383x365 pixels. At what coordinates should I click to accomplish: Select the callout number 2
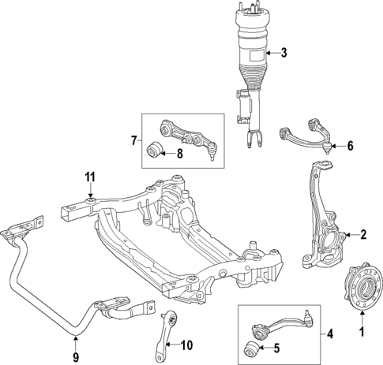(x=363, y=234)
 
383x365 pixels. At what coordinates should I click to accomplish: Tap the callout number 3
(x=284, y=54)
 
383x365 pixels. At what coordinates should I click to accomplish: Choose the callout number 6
(x=351, y=146)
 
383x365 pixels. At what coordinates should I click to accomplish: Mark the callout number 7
(x=133, y=143)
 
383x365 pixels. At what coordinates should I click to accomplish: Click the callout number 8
(x=179, y=154)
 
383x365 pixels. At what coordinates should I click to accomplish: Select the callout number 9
(x=76, y=343)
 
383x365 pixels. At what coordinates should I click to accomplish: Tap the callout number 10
(x=186, y=345)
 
